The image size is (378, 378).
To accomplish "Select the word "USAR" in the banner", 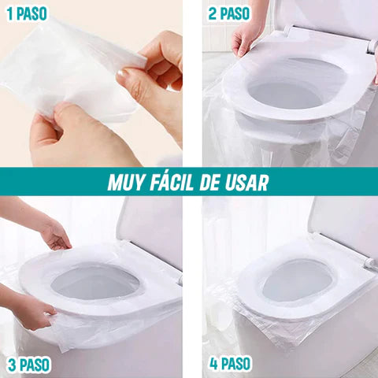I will tap(246, 183).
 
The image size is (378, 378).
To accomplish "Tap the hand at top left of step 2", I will tap(246, 35).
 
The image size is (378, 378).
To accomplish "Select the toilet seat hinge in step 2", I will tap(371, 46).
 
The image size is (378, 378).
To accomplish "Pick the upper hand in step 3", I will tap(55, 235).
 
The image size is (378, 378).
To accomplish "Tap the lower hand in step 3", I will tap(31, 311).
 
